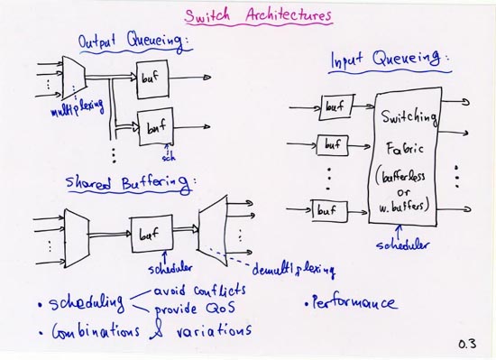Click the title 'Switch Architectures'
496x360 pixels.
pyautogui.click(x=258, y=15)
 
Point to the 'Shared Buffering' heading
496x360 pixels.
pyautogui.click(x=129, y=184)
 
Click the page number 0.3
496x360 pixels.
pyautogui.click(x=466, y=343)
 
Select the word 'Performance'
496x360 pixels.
pyautogui.click(x=351, y=302)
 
